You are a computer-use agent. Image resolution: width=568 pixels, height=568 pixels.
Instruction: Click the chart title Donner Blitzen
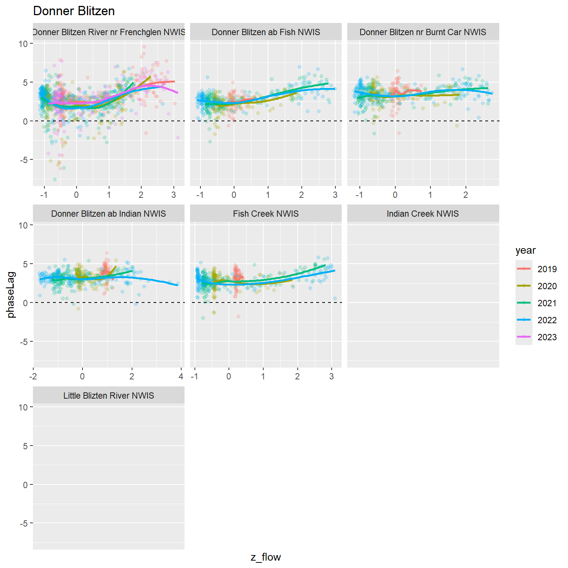[74, 11]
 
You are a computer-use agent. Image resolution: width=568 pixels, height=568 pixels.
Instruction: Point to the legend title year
[525, 250]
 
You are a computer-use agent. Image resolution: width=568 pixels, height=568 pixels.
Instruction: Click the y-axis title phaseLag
[11, 295]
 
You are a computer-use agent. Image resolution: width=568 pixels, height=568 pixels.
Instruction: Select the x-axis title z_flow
[266, 557]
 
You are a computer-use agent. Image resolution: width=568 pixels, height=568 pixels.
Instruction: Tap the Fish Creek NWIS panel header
[266, 214]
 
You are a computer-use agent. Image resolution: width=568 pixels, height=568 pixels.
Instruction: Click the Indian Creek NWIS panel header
[423, 214]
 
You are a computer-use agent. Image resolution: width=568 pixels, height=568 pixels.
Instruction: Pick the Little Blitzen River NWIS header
[108, 396]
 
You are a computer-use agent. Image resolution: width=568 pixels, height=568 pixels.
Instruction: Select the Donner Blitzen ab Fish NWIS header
[266, 32]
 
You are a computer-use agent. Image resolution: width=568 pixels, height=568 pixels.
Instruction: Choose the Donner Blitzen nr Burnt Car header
[423, 32]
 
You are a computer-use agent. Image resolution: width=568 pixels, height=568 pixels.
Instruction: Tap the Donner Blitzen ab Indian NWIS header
[108, 214]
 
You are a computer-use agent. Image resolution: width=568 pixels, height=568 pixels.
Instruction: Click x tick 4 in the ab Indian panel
[181, 376]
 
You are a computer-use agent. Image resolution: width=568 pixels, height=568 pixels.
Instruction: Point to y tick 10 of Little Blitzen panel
[23, 407]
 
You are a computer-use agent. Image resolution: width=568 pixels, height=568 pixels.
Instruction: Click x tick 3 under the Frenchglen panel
[173, 195]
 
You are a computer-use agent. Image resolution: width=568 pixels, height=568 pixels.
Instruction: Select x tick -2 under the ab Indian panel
[33, 376]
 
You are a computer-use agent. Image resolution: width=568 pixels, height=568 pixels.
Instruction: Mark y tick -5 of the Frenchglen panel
[23, 160]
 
